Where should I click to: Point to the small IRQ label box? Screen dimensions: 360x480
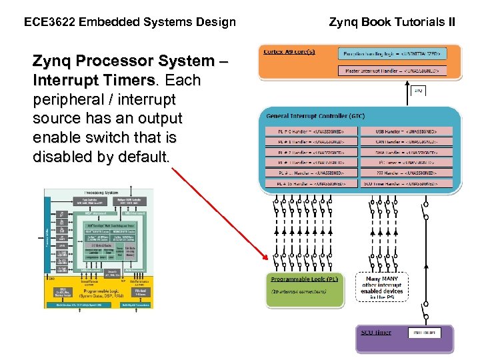pos(418,90)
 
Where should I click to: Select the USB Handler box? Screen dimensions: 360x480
pos(407,131)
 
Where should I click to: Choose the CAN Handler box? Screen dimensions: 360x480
pos(407,141)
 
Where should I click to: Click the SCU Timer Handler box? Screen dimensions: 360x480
pos(407,182)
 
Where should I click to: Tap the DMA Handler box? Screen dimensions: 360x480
pos(407,152)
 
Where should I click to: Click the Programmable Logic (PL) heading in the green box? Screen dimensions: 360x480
pos(305,279)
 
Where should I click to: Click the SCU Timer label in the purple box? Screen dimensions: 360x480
pos(376,333)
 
